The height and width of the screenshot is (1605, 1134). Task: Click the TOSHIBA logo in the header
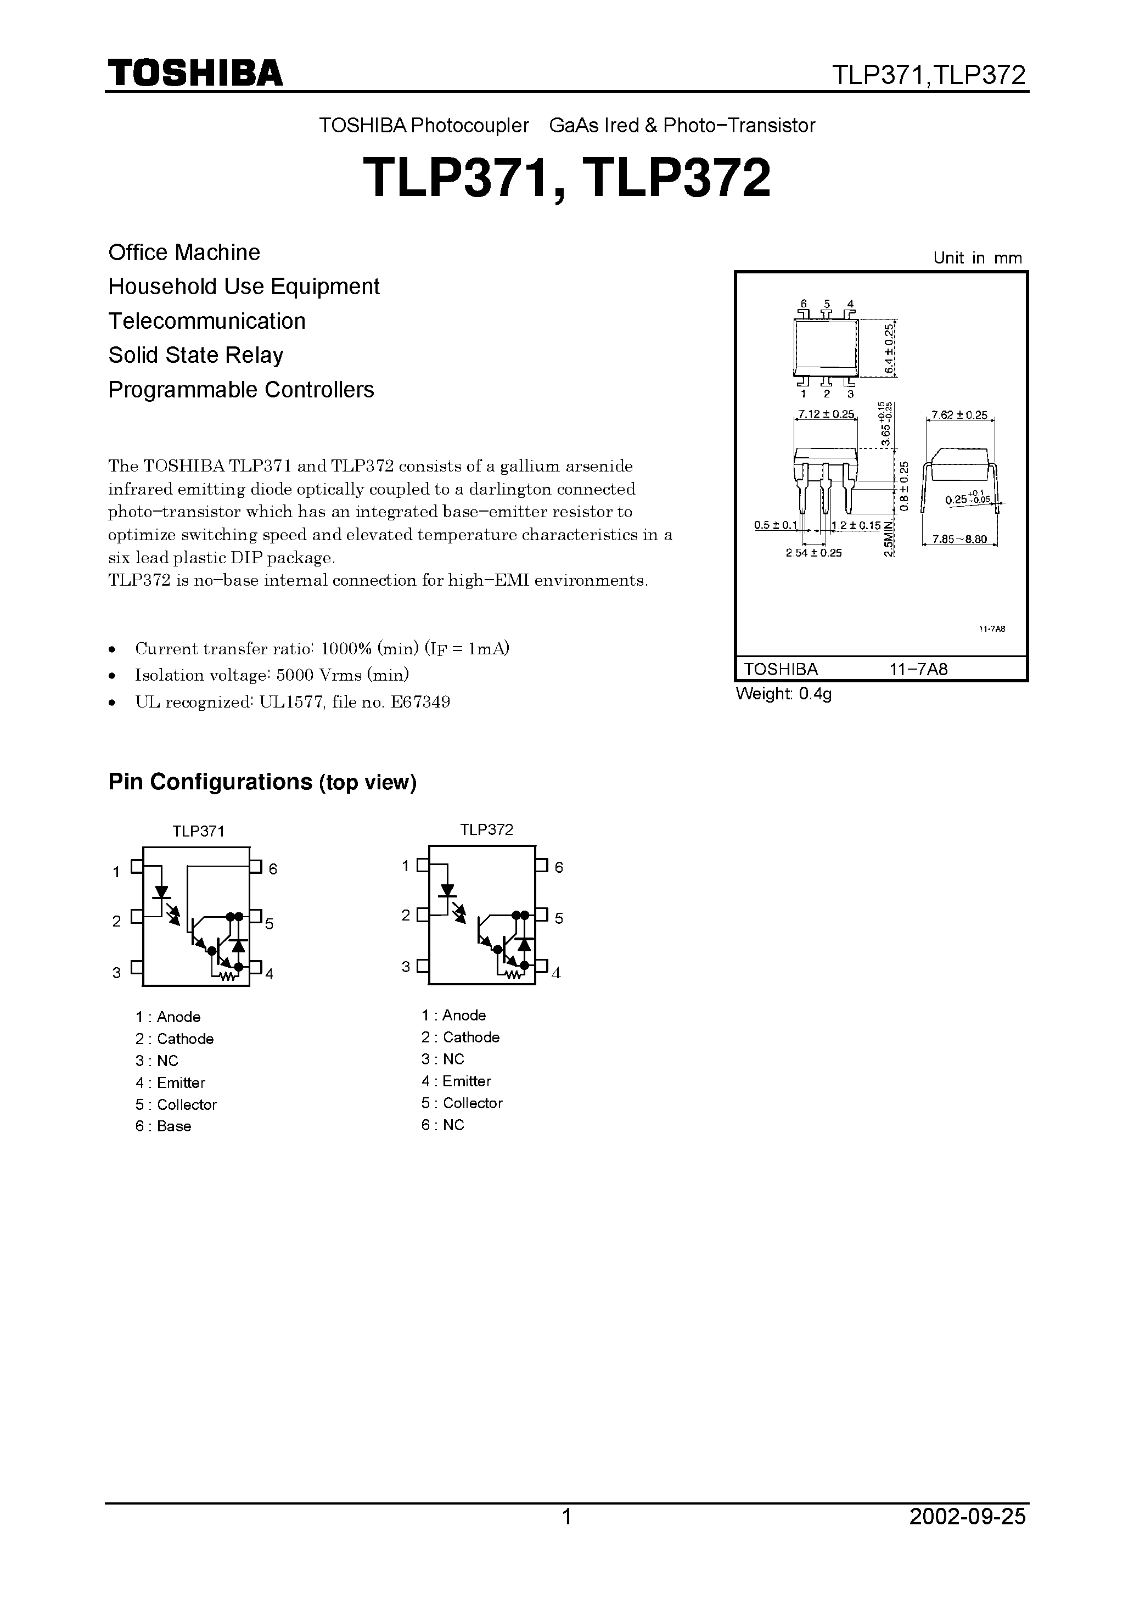tap(195, 74)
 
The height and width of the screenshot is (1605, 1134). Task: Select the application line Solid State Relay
tap(196, 355)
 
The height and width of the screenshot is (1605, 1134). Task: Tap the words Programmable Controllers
tap(241, 389)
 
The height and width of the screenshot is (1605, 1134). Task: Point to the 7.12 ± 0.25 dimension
tap(827, 414)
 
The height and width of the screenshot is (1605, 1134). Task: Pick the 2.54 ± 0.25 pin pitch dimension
tap(814, 553)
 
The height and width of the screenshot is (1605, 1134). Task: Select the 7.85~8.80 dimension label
tap(960, 540)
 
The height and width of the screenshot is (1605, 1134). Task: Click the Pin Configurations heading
tap(262, 782)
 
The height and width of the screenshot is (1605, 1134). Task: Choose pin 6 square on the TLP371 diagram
tap(256, 867)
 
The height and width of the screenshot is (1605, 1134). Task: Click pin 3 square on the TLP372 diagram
tap(422, 966)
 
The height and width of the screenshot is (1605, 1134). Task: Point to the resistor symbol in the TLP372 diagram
tap(514, 974)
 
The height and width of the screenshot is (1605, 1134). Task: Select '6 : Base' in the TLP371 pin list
tap(163, 1126)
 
